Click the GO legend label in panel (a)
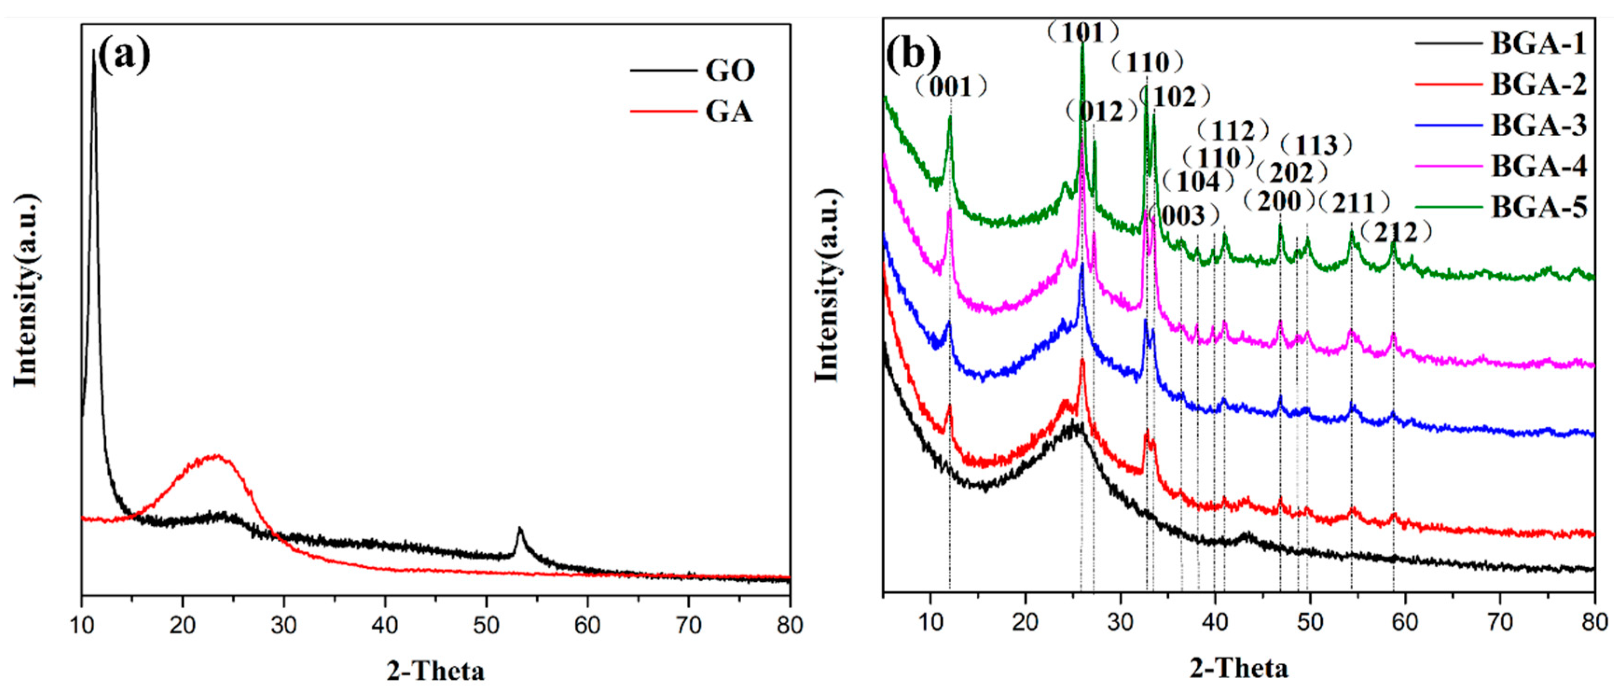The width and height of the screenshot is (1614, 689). point(730,70)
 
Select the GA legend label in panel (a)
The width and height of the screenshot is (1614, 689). point(729,112)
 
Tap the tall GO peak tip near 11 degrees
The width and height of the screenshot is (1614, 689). point(94,51)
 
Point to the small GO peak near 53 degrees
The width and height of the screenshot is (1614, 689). point(519,530)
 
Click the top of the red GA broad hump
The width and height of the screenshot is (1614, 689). point(216,456)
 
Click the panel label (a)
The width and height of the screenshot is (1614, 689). point(124,55)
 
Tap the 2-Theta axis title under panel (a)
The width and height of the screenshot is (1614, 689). point(435,671)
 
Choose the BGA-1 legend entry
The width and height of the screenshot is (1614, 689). point(1538,43)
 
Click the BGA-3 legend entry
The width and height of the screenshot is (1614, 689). point(1538,125)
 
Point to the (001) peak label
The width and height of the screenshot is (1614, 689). point(951,87)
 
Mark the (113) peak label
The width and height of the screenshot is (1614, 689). point(1316,146)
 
